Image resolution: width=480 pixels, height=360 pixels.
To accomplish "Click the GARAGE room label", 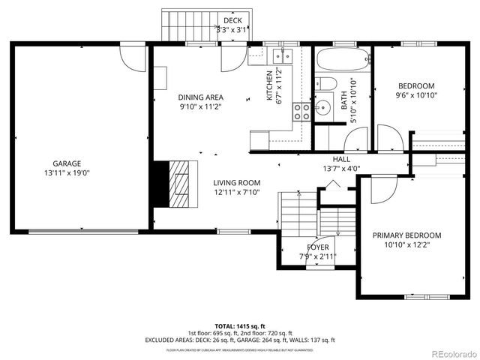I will pyautogui.click(x=66, y=163).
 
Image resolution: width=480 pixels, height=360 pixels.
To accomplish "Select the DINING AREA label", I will pyautogui.click(x=200, y=97).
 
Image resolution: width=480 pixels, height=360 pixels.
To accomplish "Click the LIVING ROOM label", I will pyautogui.click(x=236, y=182).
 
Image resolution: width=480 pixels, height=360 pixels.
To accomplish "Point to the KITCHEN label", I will pyautogui.click(x=269, y=85).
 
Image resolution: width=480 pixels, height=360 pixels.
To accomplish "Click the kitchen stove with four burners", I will pyautogui.click(x=302, y=112).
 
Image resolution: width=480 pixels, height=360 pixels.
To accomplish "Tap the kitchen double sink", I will pyautogui.click(x=282, y=55).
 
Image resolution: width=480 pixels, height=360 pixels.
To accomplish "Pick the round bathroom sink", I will pyautogui.click(x=325, y=108).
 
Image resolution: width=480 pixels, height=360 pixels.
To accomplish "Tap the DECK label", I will pyautogui.click(x=232, y=20).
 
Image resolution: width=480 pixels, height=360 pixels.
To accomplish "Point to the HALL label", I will pyautogui.click(x=341, y=159).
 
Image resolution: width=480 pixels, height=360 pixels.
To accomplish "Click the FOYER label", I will pyautogui.click(x=317, y=247).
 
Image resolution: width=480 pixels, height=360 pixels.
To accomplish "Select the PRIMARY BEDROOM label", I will pyautogui.click(x=406, y=235).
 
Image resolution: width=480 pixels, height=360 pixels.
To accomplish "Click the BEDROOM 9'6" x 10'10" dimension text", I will pyautogui.click(x=415, y=95).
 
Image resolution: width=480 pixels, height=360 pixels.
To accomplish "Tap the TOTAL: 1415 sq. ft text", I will pyautogui.click(x=239, y=326).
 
